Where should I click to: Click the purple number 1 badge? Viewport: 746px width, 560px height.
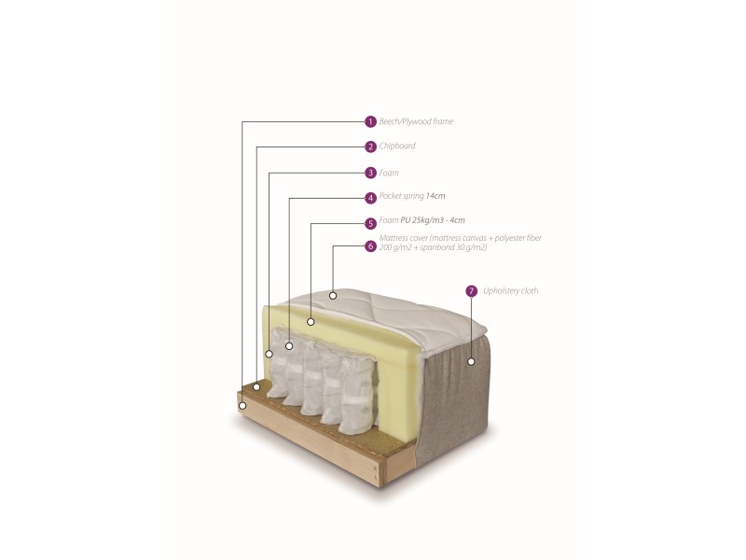[370, 122]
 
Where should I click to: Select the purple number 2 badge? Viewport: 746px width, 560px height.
[370, 147]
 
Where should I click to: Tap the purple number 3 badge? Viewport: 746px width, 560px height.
[370, 173]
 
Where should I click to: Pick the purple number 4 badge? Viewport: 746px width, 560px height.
[370, 198]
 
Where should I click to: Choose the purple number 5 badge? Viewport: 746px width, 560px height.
[370, 223]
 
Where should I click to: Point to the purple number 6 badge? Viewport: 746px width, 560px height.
[370, 246]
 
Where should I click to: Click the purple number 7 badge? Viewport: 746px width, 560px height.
[471, 291]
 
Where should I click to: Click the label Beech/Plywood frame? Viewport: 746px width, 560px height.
[416, 121]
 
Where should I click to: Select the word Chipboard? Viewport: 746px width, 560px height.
[397, 146]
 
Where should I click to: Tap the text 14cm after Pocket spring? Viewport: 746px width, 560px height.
[435, 196]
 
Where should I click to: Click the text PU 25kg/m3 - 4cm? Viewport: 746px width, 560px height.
[433, 220]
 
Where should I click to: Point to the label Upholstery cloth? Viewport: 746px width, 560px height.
[510, 290]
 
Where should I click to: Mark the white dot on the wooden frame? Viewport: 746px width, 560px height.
[242, 406]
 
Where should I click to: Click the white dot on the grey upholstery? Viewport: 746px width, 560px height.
[471, 361]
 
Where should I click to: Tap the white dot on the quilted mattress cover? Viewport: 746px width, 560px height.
[333, 296]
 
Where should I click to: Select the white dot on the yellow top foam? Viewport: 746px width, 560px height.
[311, 322]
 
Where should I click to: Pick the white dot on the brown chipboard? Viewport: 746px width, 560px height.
[256, 387]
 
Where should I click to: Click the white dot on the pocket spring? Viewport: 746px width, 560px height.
[289, 346]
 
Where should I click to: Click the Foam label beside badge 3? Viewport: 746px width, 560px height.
[389, 173]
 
